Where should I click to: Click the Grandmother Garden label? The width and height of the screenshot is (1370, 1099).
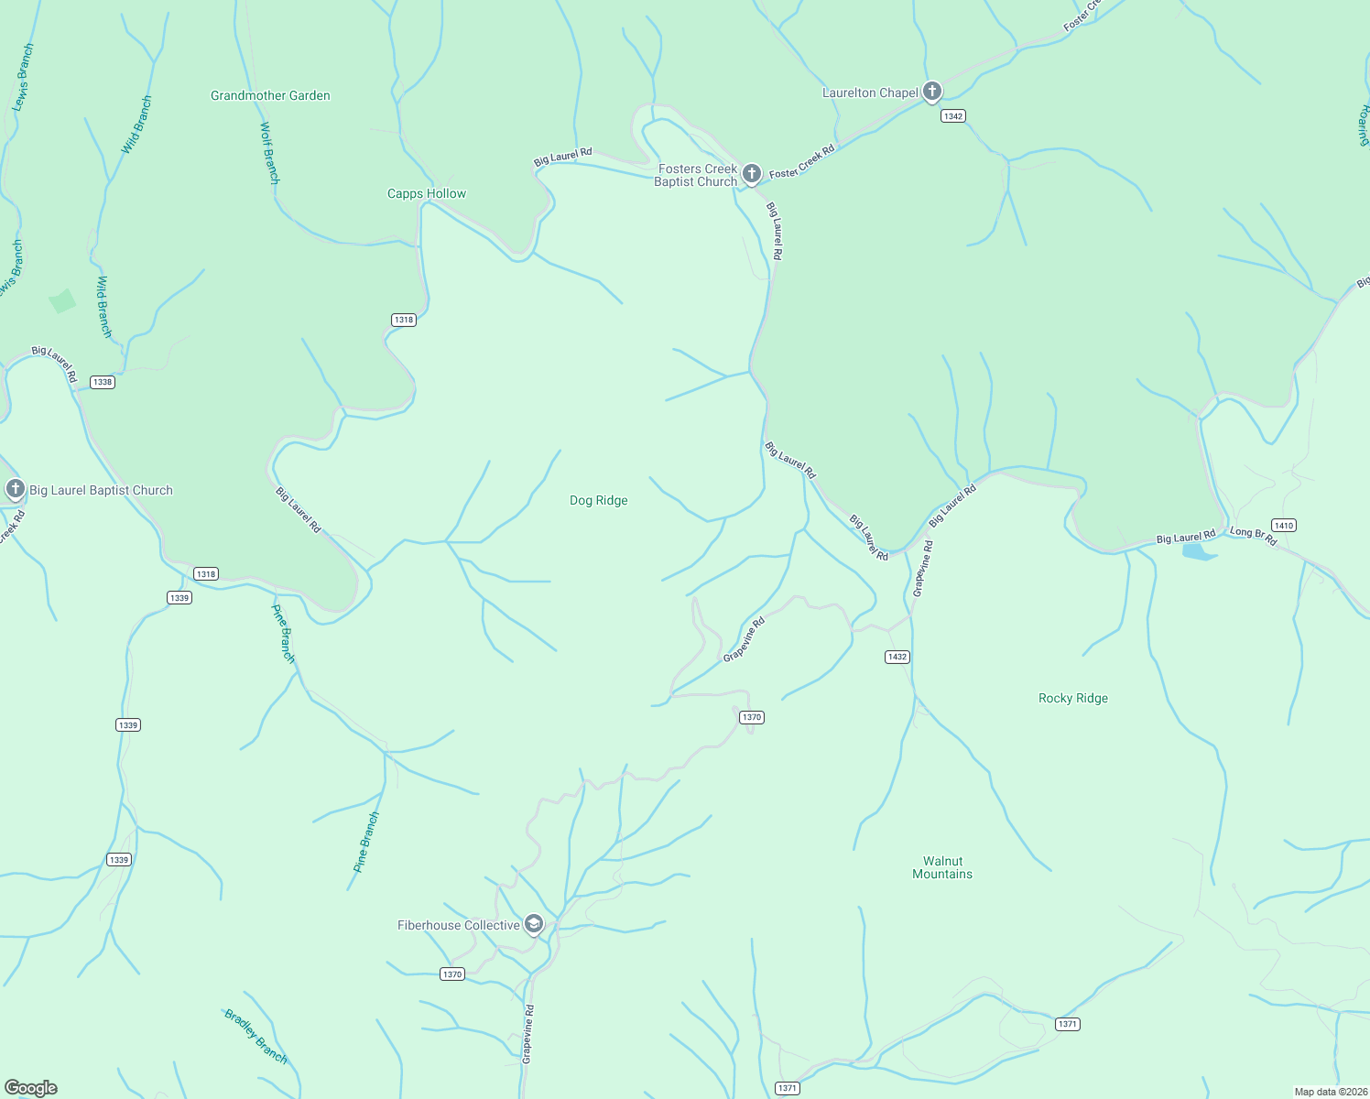270,95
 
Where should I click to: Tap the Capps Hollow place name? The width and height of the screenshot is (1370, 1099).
427,193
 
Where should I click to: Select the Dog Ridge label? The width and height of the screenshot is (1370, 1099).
599,500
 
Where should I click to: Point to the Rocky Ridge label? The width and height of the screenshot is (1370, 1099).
1073,698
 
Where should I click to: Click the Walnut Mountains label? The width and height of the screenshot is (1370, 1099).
942,867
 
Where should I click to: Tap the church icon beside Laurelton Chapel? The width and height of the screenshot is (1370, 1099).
932,91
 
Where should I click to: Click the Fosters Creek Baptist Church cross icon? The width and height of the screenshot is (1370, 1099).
752,173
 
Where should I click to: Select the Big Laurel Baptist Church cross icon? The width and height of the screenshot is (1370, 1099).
15,489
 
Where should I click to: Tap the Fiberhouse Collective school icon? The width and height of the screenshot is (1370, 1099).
534,924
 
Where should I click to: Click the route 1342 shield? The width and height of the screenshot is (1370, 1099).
953,116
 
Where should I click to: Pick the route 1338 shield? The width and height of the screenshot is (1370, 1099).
102,382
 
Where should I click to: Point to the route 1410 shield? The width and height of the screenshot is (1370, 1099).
1284,525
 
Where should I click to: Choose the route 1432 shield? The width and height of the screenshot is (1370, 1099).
897,657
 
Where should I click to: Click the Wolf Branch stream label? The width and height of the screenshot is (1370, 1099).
269,153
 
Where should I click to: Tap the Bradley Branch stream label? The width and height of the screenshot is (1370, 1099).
256,1037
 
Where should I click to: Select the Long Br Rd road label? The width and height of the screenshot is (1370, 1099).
1253,537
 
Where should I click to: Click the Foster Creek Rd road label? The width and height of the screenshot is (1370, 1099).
802,162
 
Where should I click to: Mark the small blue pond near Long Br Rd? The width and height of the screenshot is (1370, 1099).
1199,551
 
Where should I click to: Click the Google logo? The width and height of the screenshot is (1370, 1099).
31,1087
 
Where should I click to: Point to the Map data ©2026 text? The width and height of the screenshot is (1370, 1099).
1330,1092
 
